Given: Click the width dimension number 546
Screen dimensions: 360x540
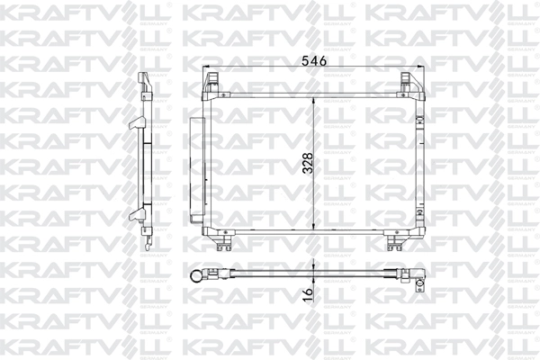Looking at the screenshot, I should coord(311,60).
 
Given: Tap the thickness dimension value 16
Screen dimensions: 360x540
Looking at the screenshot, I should coord(308,292).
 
